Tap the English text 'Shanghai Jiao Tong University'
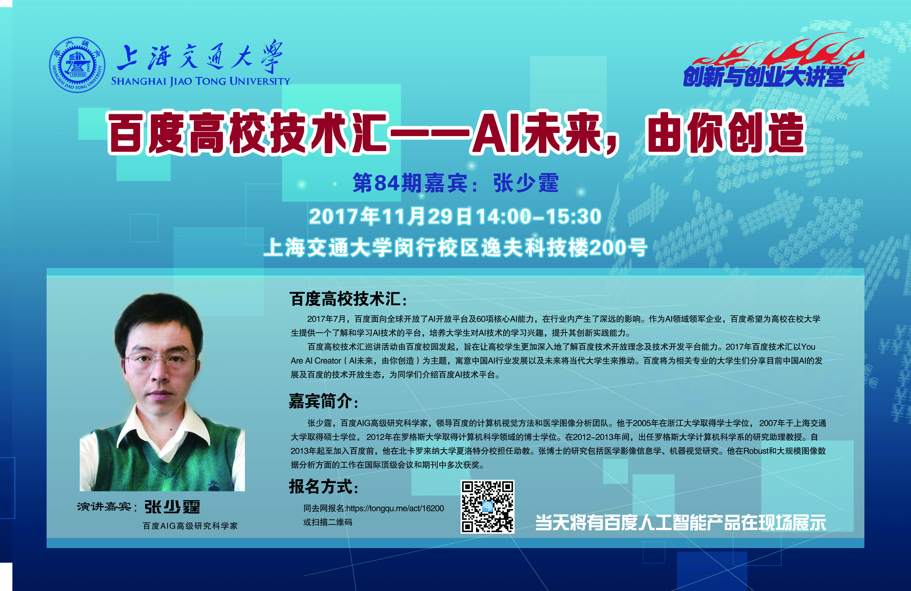(x=201, y=81)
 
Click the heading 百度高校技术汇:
(x=348, y=299)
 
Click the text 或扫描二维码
(x=328, y=522)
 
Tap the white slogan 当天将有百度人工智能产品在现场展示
(x=681, y=523)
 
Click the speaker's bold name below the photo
(x=172, y=507)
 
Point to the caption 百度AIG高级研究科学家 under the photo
(x=190, y=526)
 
